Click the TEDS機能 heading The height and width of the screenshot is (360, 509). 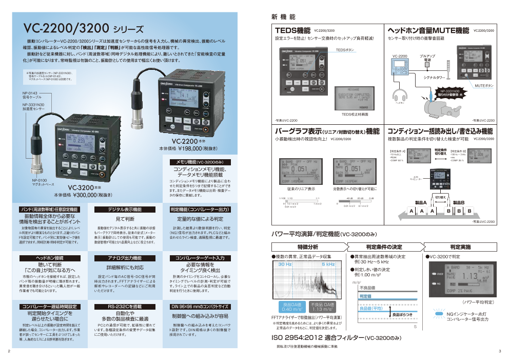(x=293, y=31)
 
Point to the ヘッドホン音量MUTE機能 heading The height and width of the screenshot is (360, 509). (x=428, y=31)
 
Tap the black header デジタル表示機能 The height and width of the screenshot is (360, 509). (x=125, y=210)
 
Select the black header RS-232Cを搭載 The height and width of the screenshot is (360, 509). (x=125, y=306)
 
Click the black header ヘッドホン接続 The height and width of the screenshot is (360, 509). (x=49, y=258)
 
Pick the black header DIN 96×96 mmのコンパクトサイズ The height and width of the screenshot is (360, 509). (x=200, y=306)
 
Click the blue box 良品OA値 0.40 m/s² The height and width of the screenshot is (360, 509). (x=291, y=307)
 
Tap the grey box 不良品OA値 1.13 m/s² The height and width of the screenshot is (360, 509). (x=322, y=307)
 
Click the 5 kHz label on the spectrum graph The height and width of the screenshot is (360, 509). (x=328, y=264)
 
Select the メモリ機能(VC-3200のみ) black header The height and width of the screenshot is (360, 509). (x=200, y=162)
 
